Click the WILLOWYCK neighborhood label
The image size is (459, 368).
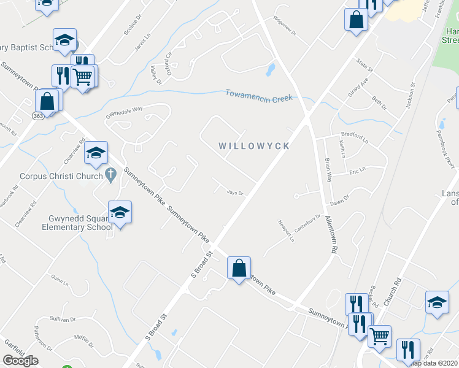pyautogui.click(x=254, y=147)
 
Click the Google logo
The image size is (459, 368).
pyautogui.click(x=20, y=361)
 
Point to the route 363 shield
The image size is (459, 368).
pyautogui.click(x=38, y=115)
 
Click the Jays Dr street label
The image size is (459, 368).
pyautogui.click(x=236, y=193)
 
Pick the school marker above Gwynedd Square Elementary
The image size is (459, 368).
pyautogui.click(x=120, y=213)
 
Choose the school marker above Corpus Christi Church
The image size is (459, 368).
pyautogui.click(x=96, y=153)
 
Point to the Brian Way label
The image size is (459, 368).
pyautogui.click(x=329, y=170)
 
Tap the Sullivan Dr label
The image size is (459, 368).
pyautogui.click(x=63, y=320)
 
